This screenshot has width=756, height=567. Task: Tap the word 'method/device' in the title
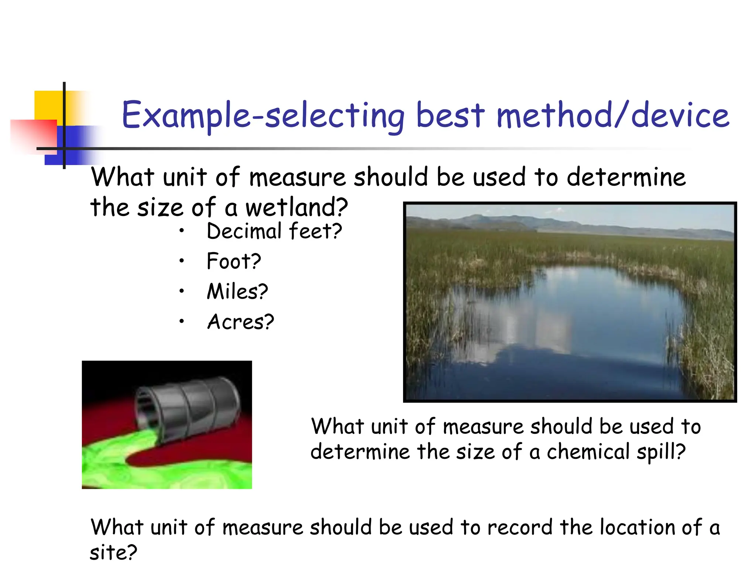click(x=613, y=115)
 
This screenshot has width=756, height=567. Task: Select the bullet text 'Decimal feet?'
click(x=274, y=231)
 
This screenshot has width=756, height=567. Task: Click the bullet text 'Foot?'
click(x=234, y=261)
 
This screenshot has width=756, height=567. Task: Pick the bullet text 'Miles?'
click(x=237, y=292)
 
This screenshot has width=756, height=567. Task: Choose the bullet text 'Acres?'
click(x=240, y=322)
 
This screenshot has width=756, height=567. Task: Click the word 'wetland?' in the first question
click(x=296, y=207)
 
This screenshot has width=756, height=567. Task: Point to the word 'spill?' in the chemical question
click(x=661, y=451)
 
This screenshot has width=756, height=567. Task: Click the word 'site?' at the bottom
click(x=113, y=553)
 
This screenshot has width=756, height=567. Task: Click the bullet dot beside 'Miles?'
click(x=181, y=291)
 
